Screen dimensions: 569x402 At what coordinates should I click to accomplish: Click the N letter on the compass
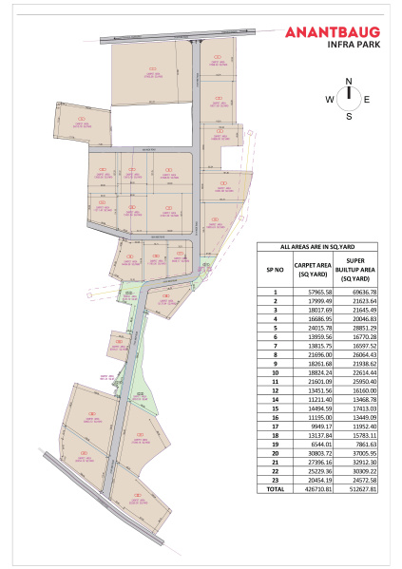coord(349,81)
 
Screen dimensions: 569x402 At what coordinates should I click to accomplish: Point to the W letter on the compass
coord(330,99)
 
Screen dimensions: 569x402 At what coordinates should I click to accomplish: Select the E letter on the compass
coord(369,99)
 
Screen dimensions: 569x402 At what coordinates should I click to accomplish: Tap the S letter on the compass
coord(349,117)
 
